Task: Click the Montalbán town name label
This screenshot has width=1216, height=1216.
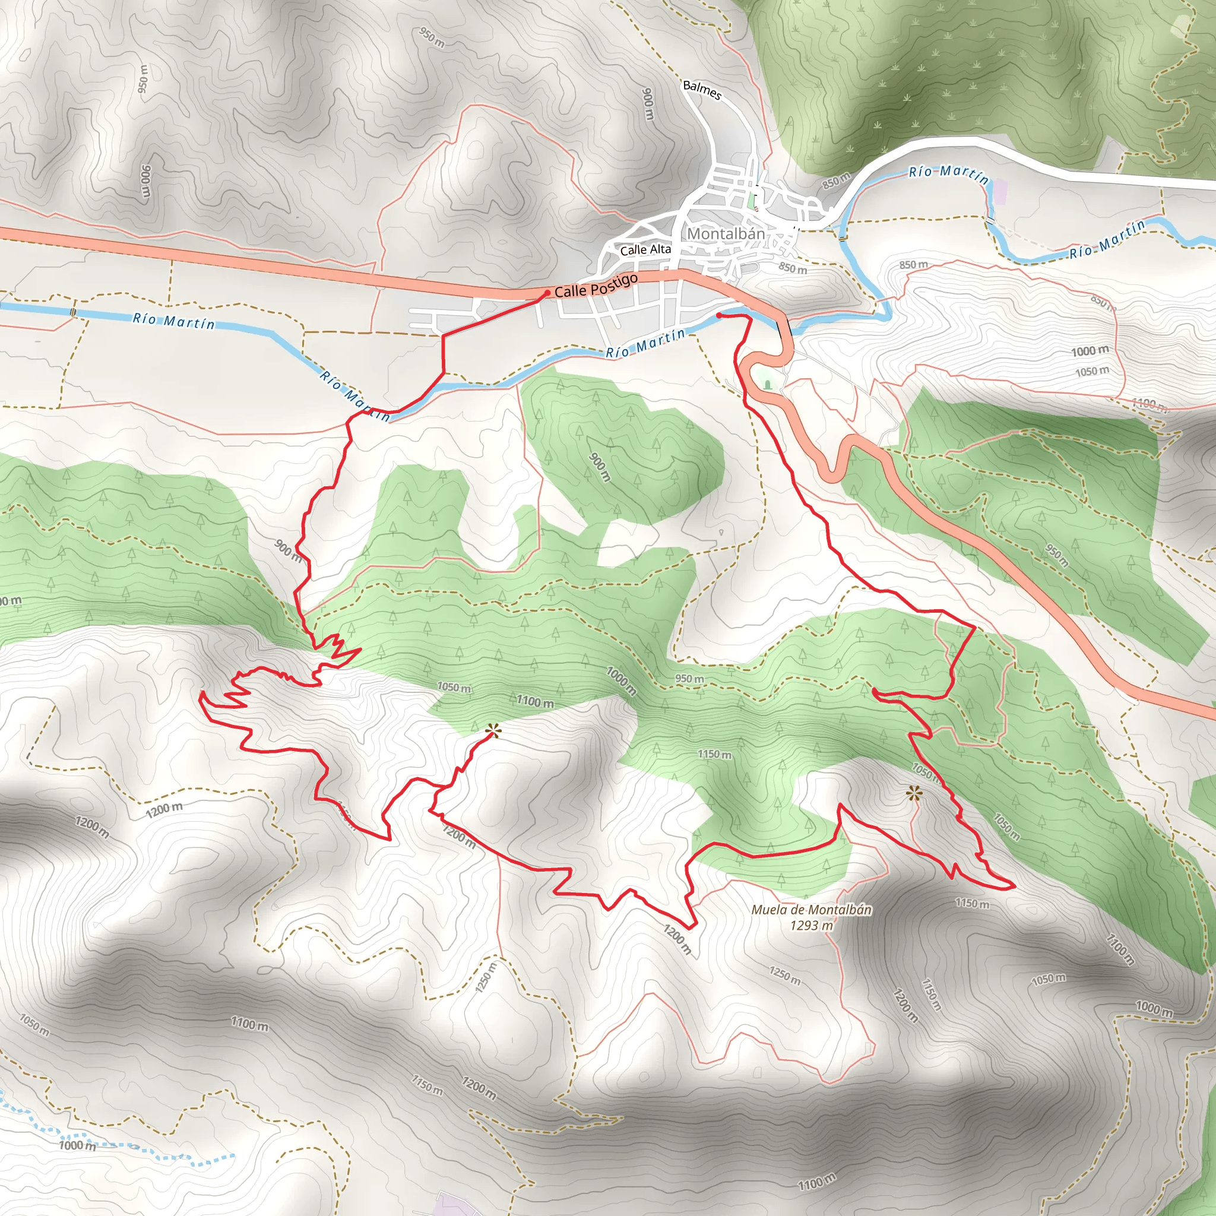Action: point(726,233)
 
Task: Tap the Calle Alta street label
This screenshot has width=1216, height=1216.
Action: point(645,250)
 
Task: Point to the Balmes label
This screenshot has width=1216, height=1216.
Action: point(702,90)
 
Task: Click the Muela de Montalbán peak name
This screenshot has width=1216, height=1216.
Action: point(811,910)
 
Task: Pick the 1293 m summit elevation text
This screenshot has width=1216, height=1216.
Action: point(811,925)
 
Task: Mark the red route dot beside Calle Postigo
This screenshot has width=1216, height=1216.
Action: point(547,293)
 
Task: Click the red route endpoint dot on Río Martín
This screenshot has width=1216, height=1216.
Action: point(719,315)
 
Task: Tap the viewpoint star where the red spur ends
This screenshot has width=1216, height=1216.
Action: point(493,731)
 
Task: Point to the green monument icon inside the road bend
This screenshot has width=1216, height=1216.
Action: point(767,383)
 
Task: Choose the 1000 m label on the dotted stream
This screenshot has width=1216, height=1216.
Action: point(77,1145)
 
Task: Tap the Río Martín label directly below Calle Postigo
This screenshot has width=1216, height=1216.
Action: point(645,344)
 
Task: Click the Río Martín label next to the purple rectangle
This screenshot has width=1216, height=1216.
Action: point(948,175)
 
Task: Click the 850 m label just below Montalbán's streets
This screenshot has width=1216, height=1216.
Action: point(793,268)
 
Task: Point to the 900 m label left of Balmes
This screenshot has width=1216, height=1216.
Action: point(648,104)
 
